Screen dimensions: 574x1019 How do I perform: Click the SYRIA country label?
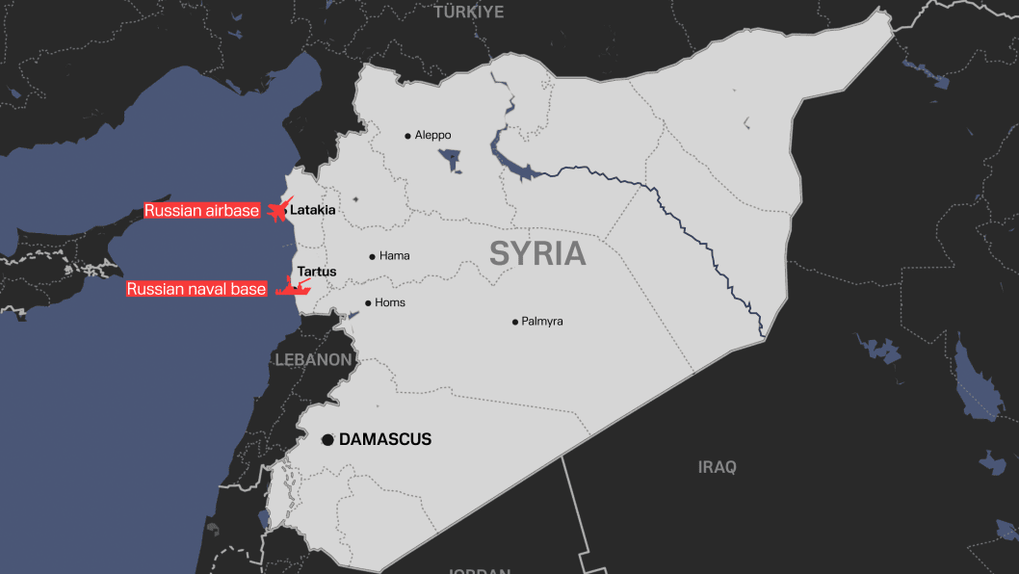(537, 253)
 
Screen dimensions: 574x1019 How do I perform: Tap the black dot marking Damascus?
(327, 439)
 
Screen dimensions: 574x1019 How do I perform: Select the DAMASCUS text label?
(385, 439)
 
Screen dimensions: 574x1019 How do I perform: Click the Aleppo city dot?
(407, 136)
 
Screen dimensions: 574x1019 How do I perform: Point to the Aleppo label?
(432, 136)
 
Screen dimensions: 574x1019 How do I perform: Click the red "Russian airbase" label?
(202, 211)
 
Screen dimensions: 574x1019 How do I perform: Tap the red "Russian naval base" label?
(196, 289)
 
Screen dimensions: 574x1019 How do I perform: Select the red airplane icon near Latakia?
(278, 210)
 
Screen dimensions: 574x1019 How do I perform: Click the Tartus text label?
(317, 272)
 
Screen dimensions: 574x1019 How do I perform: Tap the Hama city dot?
(372, 256)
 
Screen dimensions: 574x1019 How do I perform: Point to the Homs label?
(390, 302)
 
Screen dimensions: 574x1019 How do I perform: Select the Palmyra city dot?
(514, 322)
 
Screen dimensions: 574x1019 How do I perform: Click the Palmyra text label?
(542, 322)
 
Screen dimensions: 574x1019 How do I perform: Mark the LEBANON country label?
(313, 359)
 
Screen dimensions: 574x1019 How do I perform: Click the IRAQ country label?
(717, 467)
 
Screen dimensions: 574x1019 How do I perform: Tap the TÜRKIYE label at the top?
(469, 12)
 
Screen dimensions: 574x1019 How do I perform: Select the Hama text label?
(394, 256)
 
